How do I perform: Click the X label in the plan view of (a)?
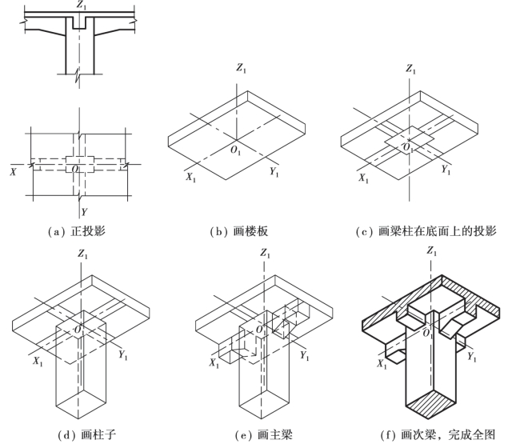tap(13, 170)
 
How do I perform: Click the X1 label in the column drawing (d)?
tap(35, 361)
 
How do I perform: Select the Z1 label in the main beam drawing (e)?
tap(266, 253)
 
